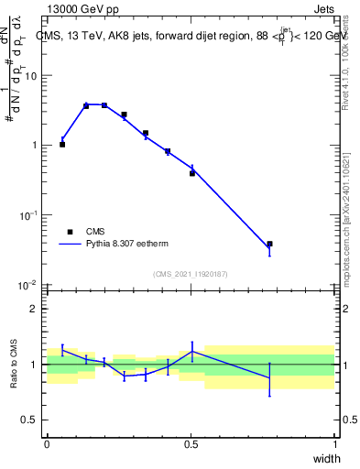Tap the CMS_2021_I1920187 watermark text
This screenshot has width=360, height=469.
[190, 273]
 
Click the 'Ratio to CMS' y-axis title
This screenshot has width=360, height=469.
[15, 365]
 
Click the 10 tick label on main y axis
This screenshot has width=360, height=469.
[31, 76]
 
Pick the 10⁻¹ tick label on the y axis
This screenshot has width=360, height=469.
[30, 215]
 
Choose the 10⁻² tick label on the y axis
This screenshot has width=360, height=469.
[30, 285]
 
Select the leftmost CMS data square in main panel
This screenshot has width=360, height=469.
[62, 144]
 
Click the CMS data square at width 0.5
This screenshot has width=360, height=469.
[192, 172]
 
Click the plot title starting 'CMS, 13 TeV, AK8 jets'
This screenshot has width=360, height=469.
[188, 36]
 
